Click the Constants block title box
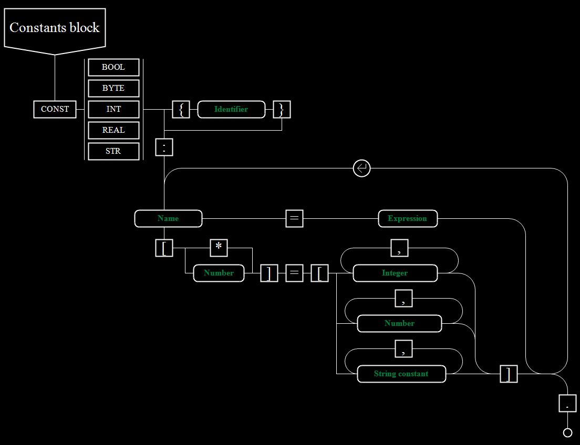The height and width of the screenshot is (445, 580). (55, 29)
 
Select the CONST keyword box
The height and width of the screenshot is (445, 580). (55, 109)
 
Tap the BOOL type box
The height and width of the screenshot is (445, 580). (113, 67)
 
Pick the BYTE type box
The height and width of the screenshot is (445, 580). (113, 88)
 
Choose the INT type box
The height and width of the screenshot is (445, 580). (113, 109)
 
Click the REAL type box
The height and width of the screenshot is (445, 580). (113, 131)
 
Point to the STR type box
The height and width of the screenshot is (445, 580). (113, 152)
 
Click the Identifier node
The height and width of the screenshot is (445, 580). (231, 109)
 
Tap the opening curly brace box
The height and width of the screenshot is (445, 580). (181, 109)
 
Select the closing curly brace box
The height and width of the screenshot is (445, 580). (282, 109)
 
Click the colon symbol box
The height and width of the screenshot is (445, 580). (164, 147)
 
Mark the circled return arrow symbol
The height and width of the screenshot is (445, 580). (362, 168)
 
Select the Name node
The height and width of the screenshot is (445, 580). (168, 218)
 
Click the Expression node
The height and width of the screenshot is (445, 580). (408, 218)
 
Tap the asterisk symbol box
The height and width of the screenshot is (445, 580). (219, 248)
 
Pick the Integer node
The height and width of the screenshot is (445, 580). (395, 273)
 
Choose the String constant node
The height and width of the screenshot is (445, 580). (401, 374)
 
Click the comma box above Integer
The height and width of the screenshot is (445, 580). (399, 248)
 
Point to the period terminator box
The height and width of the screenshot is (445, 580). (567, 403)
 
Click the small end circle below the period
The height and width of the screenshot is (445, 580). (567, 432)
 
